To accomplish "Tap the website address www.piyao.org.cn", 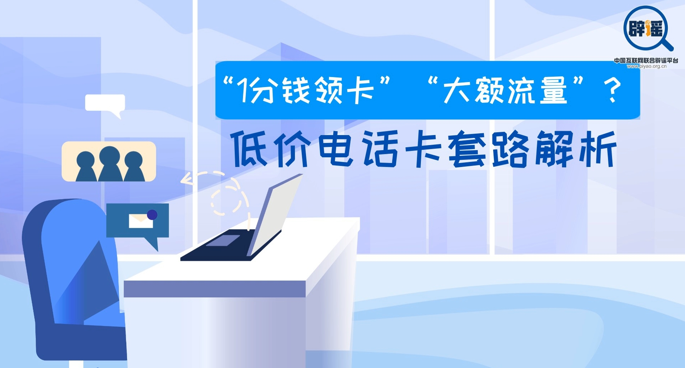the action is click(646, 66).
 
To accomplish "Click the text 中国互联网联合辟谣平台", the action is click(646, 60).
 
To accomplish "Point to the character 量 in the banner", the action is click(553, 90).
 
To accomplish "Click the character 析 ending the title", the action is click(597, 149).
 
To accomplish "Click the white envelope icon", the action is click(141, 221).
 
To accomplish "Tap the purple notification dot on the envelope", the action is click(152, 215).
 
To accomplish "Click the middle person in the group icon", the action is click(110, 163).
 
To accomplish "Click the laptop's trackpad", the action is click(223, 240).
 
